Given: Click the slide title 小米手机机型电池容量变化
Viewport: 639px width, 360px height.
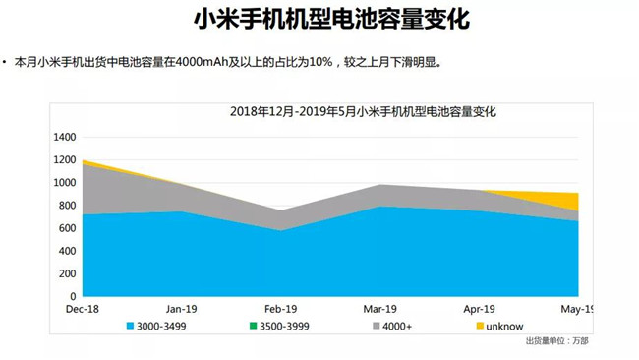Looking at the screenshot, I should click(319, 21).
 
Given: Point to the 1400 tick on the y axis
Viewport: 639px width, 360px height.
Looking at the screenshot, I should click(64, 137).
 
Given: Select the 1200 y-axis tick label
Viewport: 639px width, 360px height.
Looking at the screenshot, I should click(64, 159).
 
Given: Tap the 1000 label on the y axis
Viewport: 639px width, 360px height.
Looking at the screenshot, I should click(64, 182).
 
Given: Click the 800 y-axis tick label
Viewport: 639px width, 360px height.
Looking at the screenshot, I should click(67, 205).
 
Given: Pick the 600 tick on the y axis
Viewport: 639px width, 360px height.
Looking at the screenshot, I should click(67, 227).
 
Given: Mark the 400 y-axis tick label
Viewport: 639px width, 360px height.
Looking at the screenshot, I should click(67, 250).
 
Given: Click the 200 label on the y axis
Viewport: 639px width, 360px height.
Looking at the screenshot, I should click(67, 272).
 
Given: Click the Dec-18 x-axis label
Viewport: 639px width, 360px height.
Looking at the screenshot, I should click(84, 308).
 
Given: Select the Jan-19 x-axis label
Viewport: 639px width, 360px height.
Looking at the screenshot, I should click(182, 308).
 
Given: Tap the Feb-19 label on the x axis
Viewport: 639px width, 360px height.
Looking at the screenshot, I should click(280, 308).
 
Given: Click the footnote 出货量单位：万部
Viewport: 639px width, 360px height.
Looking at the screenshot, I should click(558, 342).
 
